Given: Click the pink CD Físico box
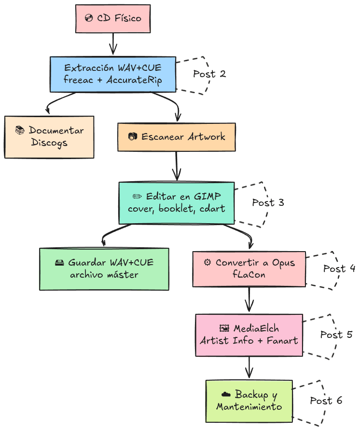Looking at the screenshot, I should point(113,19).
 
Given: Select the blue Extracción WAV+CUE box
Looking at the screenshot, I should point(113,74).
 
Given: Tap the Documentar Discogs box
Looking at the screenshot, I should point(49,137).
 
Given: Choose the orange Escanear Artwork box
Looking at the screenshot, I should point(177,137).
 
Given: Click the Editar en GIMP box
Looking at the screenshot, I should point(177,202).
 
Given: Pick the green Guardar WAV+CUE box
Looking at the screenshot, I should point(104,269).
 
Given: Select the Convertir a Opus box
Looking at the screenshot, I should point(249,269).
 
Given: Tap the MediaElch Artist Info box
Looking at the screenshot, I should point(249,335).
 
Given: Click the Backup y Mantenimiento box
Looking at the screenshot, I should point(249,401).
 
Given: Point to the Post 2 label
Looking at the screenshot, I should point(209,74).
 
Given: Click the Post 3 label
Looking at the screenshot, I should point(268,202).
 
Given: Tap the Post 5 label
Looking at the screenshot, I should point(336,335).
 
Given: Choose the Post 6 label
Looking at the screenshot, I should point(326,401).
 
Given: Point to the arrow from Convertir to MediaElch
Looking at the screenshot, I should point(249,300).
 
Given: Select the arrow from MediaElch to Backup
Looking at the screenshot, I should point(249,368).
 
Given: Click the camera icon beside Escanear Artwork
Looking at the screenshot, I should point(133,137).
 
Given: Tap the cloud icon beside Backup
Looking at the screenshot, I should point(227,395).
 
